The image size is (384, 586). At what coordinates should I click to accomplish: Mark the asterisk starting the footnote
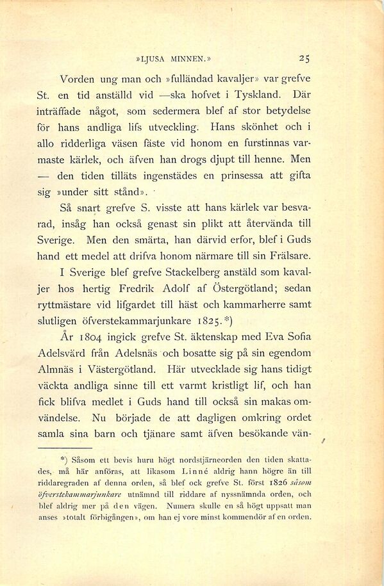click(x=63, y=459)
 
